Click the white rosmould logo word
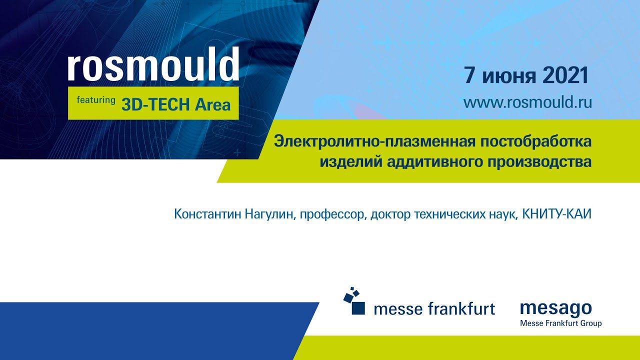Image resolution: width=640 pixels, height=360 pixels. click(153, 64)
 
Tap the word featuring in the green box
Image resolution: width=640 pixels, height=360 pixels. click(96, 100)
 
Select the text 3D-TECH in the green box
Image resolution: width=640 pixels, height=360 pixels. click(155, 104)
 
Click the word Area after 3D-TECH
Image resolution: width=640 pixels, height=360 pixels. click(212, 104)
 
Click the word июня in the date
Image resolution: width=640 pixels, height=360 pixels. click(509, 77)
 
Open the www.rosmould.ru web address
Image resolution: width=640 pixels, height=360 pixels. click(527, 102)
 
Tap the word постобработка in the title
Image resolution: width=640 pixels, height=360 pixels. click(535, 142)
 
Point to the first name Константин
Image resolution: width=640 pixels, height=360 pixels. click(207, 214)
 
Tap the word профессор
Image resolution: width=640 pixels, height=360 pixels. click(333, 215)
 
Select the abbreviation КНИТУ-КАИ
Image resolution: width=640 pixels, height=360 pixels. click(556, 214)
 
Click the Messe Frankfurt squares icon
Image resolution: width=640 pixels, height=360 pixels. click(354, 301)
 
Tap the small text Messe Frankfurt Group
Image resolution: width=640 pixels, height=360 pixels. click(561, 323)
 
